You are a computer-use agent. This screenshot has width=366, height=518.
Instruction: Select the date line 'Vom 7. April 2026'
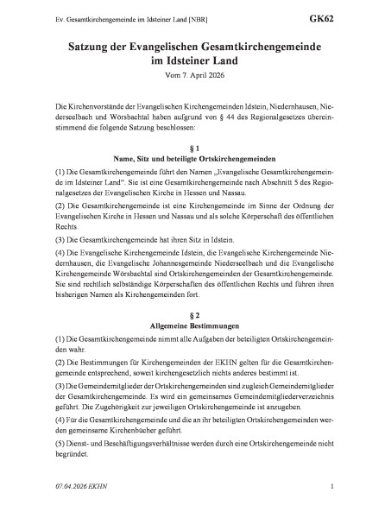(183, 79)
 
